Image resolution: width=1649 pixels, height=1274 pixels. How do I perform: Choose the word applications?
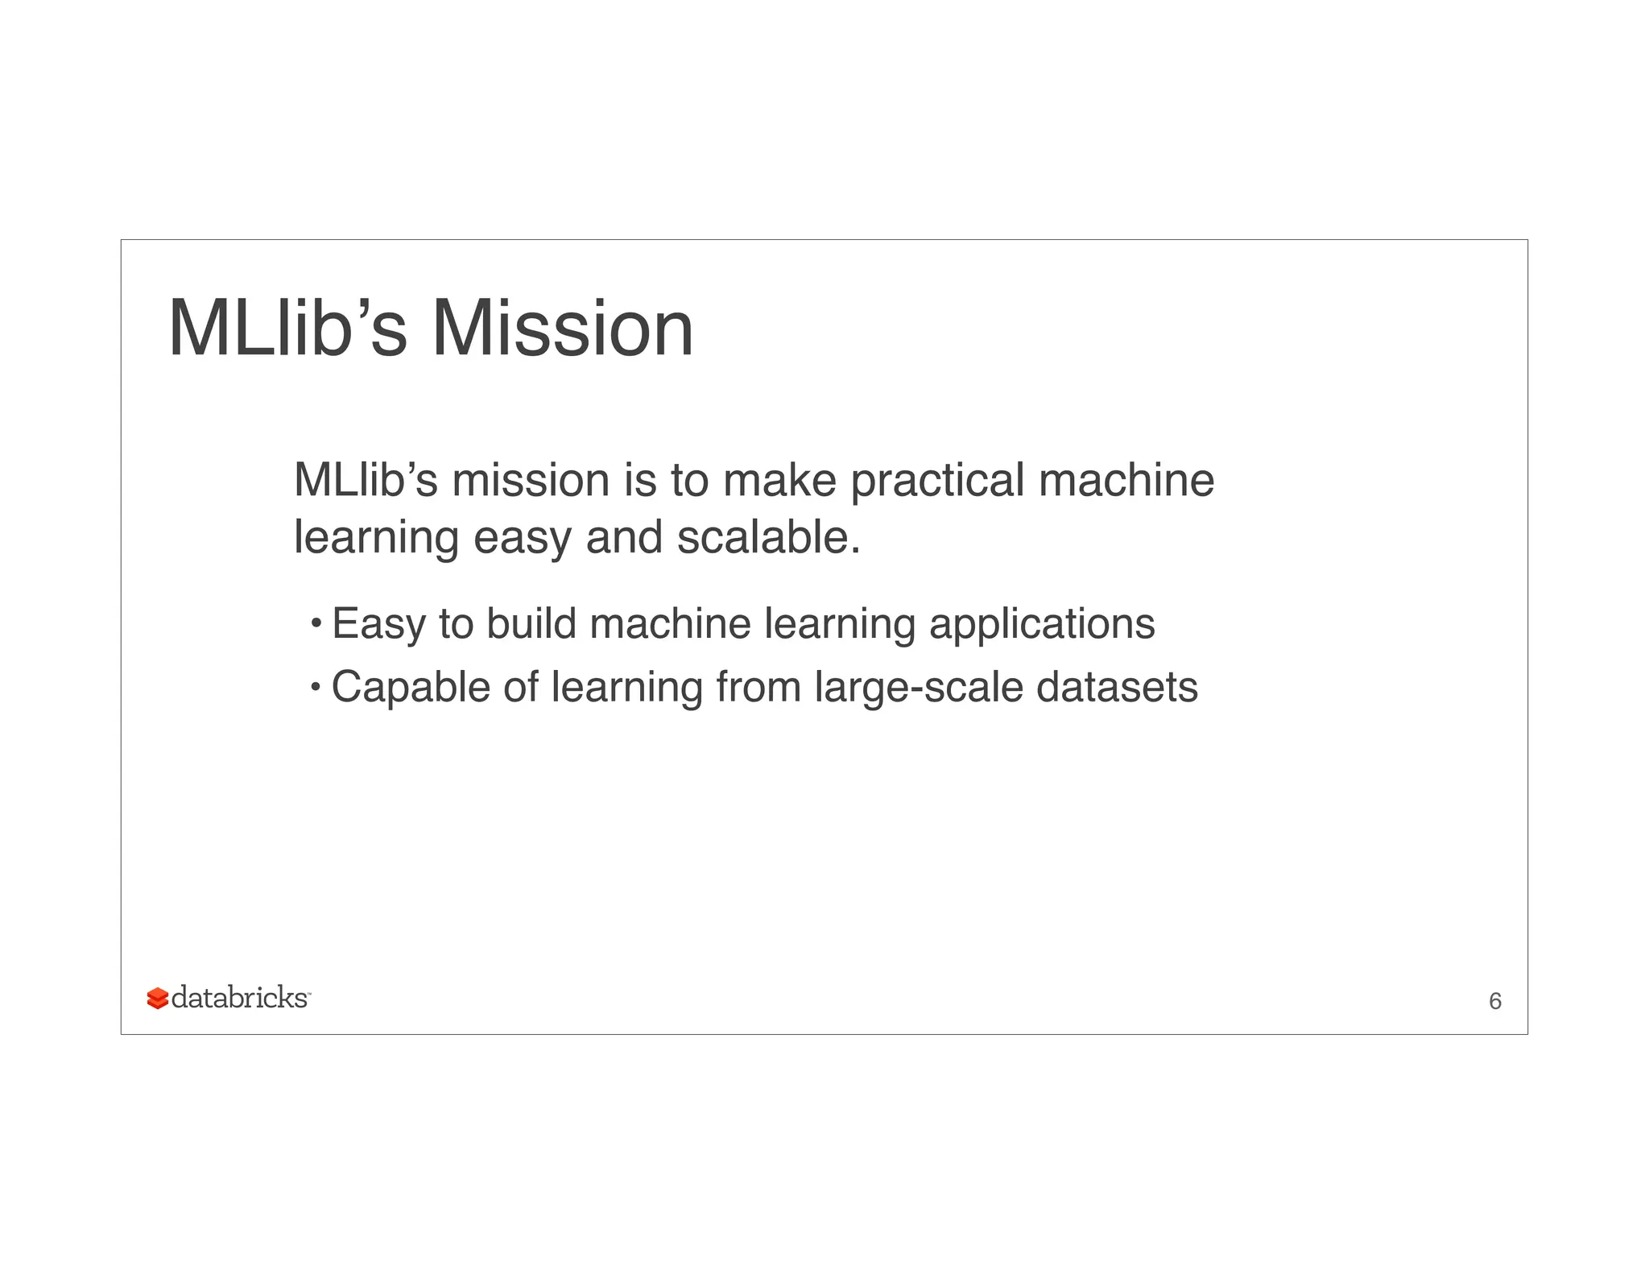(1042, 625)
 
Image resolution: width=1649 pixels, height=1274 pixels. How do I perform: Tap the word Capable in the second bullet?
(411, 688)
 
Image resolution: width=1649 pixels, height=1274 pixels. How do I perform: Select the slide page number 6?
(1495, 1001)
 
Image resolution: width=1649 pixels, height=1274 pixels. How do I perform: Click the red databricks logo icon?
(158, 999)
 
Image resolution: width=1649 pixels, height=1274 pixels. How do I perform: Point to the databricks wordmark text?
(240, 998)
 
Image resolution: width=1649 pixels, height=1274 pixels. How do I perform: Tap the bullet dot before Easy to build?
(316, 623)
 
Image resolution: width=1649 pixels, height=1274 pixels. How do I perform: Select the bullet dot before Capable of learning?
(316, 687)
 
